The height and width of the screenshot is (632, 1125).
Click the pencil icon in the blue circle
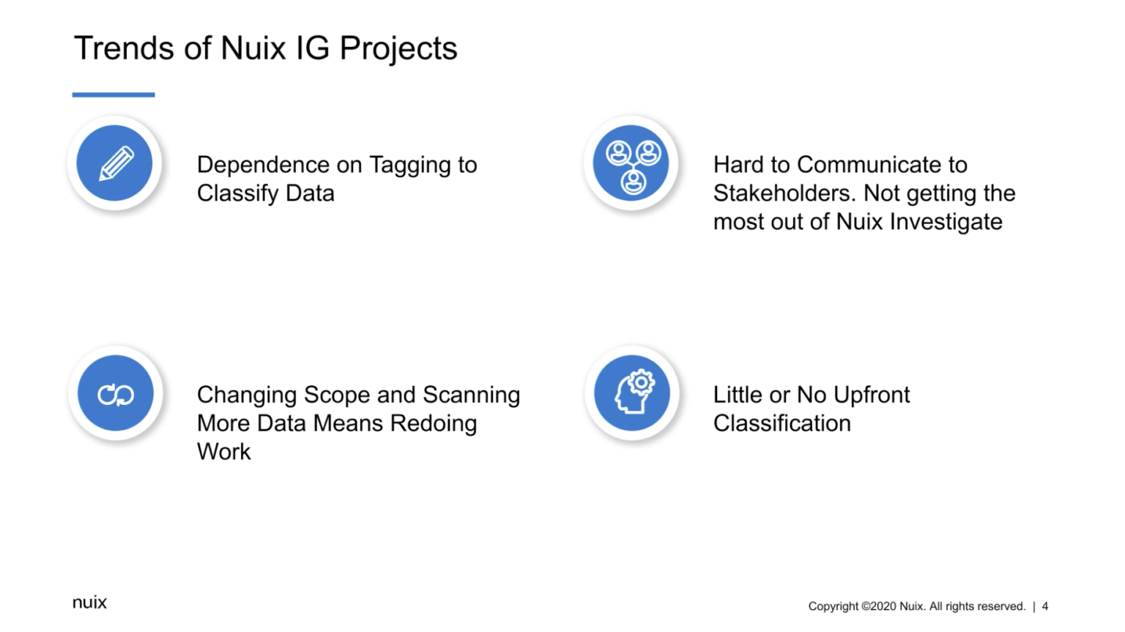tap(115, 163)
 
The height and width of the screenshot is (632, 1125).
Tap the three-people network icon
tap(632, 163)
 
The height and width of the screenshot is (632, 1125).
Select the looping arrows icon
tap(116, 394)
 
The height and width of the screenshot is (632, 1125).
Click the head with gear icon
tap(632, 393)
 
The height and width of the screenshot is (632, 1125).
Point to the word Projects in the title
tap(398, 48)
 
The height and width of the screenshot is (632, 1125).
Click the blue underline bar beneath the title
tap(114, 94)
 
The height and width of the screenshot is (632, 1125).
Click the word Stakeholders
tap(784, 193)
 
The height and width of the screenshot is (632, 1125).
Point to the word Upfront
tap(872, 395)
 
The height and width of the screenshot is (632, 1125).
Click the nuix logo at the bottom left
tap(89, 602)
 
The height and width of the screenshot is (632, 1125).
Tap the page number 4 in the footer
tap(1045, 606)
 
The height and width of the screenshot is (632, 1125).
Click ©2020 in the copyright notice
tap(878, 606)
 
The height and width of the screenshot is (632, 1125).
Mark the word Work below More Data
tap(223, 452)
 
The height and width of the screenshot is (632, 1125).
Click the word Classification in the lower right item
tap(781, 423)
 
